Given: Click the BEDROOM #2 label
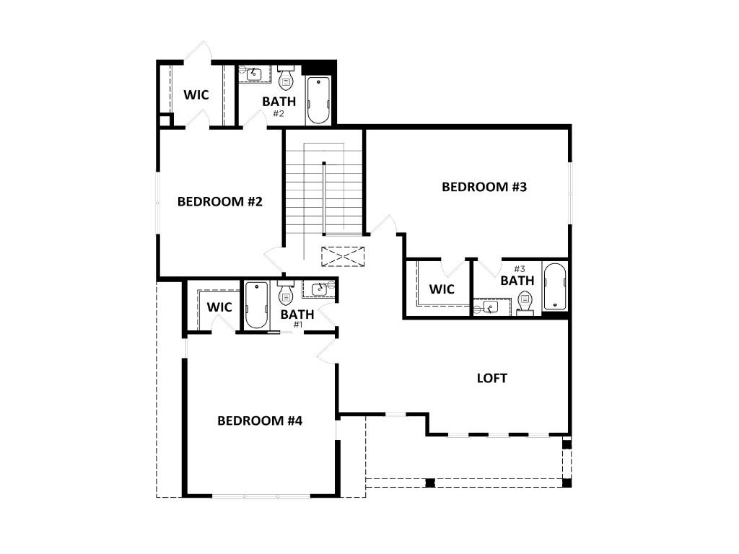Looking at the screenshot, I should (219, 201).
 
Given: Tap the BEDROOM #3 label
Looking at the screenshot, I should (485, 187).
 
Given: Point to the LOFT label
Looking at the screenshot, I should (492, 378).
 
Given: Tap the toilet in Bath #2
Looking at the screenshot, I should (286, 76).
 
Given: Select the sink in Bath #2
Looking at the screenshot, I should (255, 73).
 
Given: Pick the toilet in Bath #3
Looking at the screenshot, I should (525, 301).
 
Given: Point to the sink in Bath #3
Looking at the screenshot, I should (491, 308).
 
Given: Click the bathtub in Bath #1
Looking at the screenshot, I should (256, 304).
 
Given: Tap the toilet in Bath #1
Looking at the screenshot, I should (286, 292).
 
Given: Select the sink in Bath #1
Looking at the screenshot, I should (320, 289).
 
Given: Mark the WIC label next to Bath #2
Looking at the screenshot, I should (196, 94).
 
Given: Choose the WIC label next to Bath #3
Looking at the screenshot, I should (442, 289).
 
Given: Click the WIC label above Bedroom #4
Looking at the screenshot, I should (219, 307).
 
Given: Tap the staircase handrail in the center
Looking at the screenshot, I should (324, 198).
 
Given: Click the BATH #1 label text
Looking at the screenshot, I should (297, 316).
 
